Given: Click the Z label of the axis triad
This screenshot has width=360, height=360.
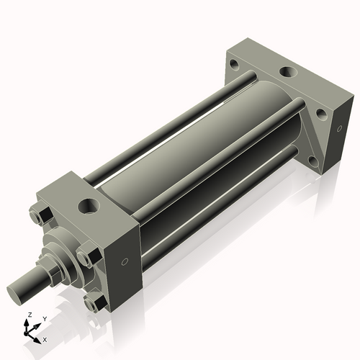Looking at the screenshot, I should (x=29, y=315).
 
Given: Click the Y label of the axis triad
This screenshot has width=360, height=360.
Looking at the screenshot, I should (x=45, y=318).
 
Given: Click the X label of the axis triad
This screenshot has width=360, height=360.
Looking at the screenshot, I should (x=45, y=338).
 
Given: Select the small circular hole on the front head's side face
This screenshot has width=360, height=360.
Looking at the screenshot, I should (x=126, y=261).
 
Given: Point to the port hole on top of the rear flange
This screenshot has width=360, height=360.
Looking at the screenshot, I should (x=287, y=72).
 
